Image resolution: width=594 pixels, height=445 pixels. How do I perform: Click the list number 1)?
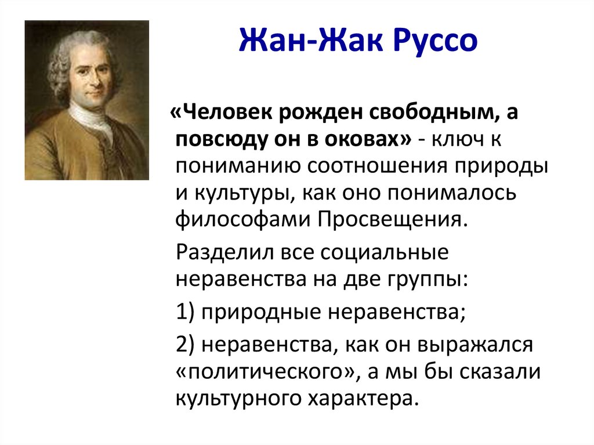click(186, 313)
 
